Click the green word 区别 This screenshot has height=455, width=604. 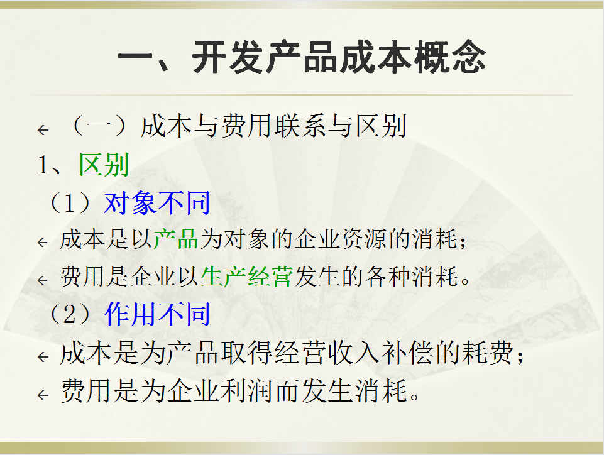tap(104, 165)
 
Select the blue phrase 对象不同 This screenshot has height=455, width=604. tap(157, 203)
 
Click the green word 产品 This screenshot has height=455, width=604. tap(176, 239)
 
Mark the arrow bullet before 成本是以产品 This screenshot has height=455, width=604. tap(43, 242)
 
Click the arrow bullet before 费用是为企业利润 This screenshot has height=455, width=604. tap(43, 395)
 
